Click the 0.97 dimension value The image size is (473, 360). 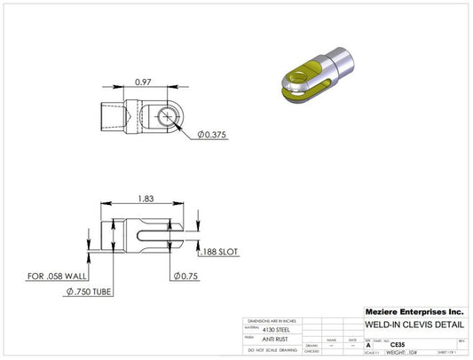(141, 82)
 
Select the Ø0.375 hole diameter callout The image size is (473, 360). (214, 134)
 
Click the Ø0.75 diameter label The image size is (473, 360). (186, 275)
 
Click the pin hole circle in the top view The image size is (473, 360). (165, 117)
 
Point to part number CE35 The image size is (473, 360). (385, 344)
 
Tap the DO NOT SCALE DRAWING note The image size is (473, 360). (272, 351)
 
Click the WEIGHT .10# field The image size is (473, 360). (397, 352)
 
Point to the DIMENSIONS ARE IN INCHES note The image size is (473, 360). (272, 320)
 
